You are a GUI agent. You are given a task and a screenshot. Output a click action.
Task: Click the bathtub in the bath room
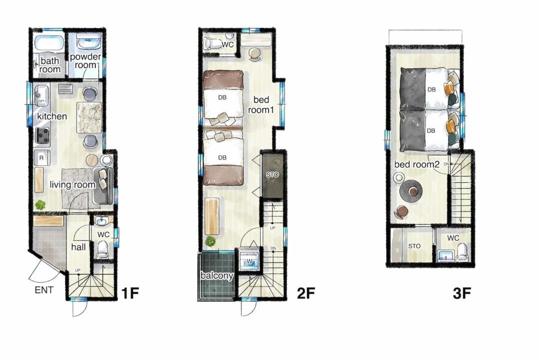coord(49,42)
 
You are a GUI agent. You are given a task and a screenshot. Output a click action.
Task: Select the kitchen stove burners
coord(42,135)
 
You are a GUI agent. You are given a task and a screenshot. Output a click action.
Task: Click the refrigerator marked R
coord(41,158)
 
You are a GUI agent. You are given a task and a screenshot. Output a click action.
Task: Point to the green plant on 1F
coord(40,205)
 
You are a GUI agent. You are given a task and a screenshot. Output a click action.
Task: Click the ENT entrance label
coord(44,290)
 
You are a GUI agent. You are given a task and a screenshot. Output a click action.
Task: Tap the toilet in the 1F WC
coord(102,250)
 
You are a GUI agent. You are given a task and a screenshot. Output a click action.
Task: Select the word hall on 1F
coord(78,246)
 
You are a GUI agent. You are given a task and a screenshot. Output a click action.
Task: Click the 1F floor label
coord(130,293)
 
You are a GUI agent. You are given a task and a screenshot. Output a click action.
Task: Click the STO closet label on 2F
coord(272,174)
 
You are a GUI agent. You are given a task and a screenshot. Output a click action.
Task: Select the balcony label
coord(217,275)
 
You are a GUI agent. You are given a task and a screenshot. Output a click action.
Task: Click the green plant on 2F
coord(210,241)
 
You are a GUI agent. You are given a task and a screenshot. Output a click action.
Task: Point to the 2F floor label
coord(306,293)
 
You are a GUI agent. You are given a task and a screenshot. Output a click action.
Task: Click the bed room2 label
coord(417,164)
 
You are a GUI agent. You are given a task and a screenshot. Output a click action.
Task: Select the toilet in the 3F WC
coord(462,252)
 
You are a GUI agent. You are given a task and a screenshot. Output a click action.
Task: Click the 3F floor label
coord(461,293)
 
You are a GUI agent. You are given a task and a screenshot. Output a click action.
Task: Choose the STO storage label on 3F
coord(414,246)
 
